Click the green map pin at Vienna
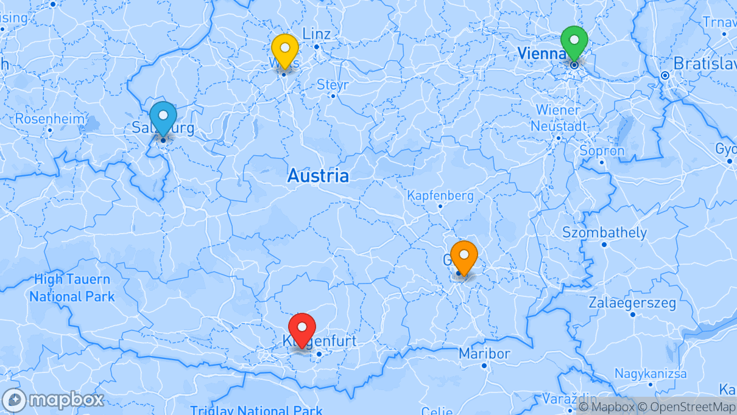574,41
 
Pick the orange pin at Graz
464,256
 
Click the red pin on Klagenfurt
301,329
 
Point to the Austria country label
318,176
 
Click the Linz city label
316,34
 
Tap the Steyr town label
333,85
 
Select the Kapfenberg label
440,196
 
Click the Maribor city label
484,354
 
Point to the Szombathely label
604,233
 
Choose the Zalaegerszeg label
632,303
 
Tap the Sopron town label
602,151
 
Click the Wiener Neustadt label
559,118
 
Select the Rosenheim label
50,119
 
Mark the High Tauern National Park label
72,288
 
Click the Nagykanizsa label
650,374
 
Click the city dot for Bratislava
665,75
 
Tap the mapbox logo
53,400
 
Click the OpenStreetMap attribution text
686,407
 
